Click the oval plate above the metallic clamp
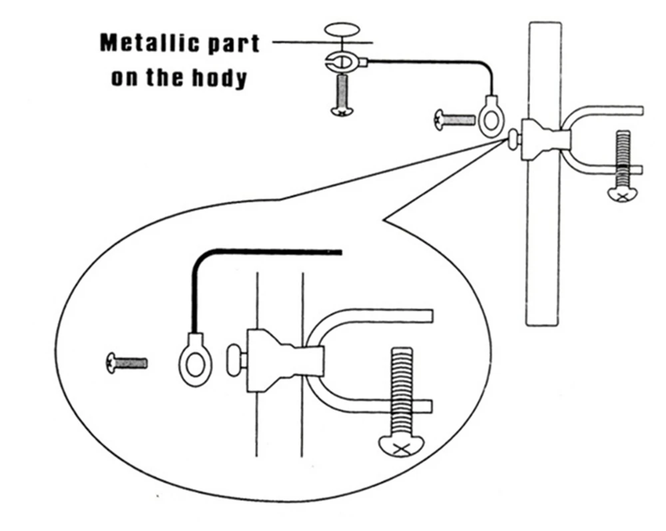point(342,30)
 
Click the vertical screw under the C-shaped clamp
point(342,95)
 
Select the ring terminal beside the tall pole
point(492,115)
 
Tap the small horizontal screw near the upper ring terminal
point(455,120)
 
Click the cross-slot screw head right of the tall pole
point(623,195)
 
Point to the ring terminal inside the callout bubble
point(195,360)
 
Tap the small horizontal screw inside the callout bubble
point(127,364)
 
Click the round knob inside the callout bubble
point(235,360)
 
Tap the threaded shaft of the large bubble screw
point(401,391)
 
